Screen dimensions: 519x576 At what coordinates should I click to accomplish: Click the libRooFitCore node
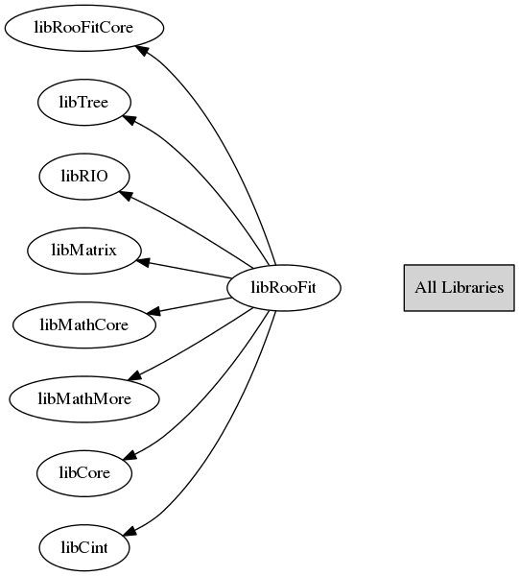84,28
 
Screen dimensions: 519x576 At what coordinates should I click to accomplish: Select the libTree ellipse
84,102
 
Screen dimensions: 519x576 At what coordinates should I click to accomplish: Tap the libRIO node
84,177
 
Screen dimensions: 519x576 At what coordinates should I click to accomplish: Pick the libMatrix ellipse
84,251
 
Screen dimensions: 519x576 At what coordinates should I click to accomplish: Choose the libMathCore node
84,324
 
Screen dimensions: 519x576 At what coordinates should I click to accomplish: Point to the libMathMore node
84,399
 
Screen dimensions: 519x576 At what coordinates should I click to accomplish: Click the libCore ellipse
84,473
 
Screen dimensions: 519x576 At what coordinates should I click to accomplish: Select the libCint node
84,547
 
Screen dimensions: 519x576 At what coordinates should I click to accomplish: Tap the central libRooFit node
284,288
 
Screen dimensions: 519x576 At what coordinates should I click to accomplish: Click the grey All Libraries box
460,288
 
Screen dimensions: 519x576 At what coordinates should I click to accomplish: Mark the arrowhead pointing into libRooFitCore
142,50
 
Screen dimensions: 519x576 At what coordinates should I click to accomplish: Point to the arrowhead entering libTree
130,120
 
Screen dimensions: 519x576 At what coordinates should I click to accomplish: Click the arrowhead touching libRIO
126,195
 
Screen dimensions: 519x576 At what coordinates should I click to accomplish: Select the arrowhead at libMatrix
142,262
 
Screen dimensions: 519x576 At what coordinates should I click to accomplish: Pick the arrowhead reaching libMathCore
153,311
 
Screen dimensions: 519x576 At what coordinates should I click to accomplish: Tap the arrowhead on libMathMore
134,374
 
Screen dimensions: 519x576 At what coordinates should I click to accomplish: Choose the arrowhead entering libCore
130,455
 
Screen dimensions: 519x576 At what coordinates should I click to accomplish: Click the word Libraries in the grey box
472,287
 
